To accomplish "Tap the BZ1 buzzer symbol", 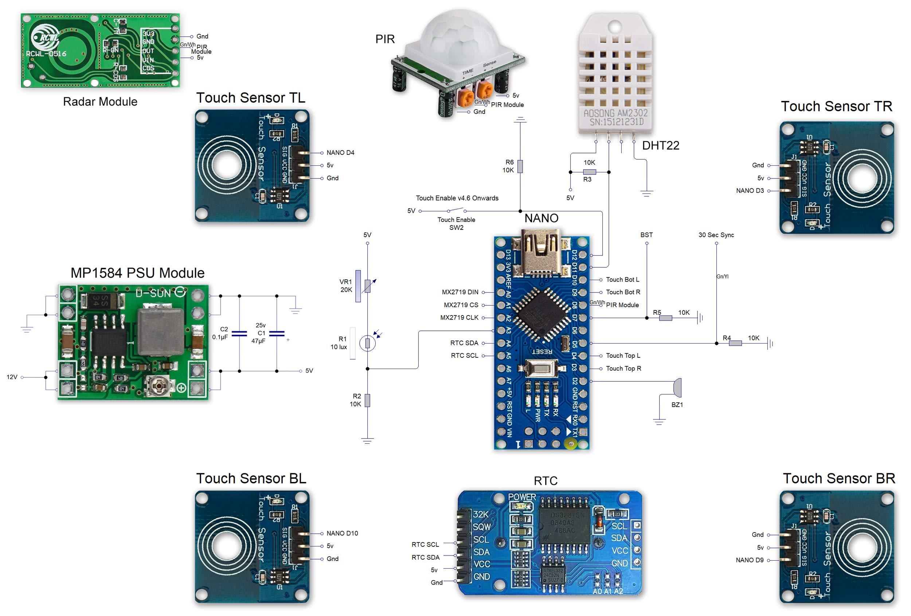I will pyautogui.click(x=677, y=388).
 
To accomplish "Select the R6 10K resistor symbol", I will pyautogui.click(x=520, y=166).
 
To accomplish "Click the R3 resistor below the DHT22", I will pyautogui.click(x=589, y=172).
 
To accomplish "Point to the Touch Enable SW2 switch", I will pyautogui.click(x=456, y=211).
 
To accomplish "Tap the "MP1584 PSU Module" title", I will pyautogui.click(x=137, y=273).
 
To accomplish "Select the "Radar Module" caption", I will pyautogui.click(x=100, y=102).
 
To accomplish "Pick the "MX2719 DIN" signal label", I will pyautogui.click(x=460, y=292).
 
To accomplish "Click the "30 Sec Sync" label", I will pyautogui.click(x=716, y=235).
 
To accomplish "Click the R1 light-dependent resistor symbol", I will pyautogui.click(x=367, y=343).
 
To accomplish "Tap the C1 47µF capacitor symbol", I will pyautogui.click(x=277, y=333).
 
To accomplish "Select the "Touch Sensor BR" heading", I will pyautogui.click(x=839, y=478).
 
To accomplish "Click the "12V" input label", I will pyautogui.click(x=12, y=377).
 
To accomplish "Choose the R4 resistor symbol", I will pyautogui.click(x=735, y=343).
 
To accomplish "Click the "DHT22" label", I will pyautogui.click(x=661, y=146).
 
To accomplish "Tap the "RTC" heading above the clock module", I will pyautogui.click(x=545, y=481).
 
